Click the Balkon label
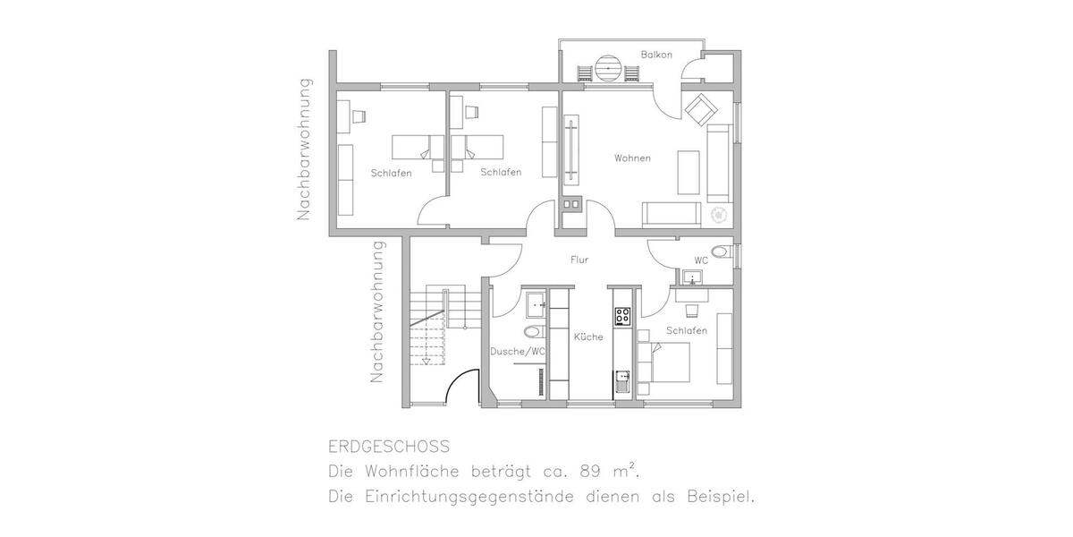point(655,55)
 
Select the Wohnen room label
point(632,158)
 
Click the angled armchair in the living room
point(699,110)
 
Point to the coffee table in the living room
point(688,172)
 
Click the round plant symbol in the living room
point(717,216)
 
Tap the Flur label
point(579,260)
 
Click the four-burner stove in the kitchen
point(622,315)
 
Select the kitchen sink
point(622,384)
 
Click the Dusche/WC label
point(518,352)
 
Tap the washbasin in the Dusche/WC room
point(536,304)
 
